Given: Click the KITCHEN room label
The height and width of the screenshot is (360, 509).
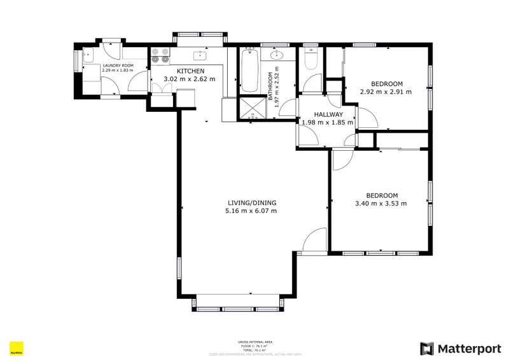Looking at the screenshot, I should tap(190, 71).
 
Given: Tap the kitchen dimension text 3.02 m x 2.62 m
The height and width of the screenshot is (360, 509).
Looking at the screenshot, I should tap(190, 79).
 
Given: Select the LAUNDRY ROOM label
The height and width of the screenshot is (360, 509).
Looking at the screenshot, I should tap(118, 65).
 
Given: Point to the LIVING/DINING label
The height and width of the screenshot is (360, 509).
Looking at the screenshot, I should tap(252, 203).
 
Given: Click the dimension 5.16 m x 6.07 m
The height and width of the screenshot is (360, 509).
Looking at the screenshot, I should tap(252, 211).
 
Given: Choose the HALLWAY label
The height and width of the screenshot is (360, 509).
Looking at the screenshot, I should tap(328, 114).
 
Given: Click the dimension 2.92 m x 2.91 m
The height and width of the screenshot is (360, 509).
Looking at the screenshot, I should tap(386, 92).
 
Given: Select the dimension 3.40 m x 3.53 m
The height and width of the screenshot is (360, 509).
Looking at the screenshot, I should tap(381, 204).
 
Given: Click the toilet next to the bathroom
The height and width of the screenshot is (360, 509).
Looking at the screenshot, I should tap(310, 59).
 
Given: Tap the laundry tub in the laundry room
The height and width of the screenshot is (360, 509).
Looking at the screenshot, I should tap(89, 54).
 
